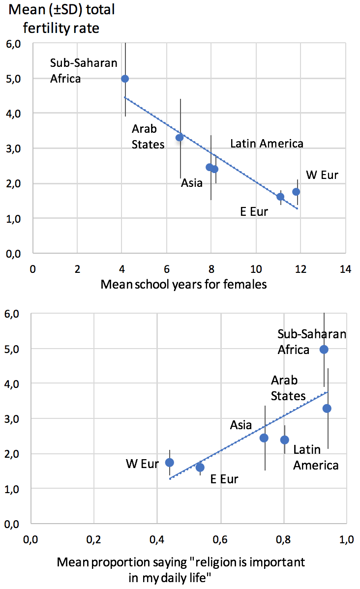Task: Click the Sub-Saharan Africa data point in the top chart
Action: point(125,79)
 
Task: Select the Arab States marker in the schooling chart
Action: point(180,137)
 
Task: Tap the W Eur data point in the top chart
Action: point(296,192)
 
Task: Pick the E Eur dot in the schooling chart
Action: point(280,197)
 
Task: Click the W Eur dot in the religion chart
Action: point(170,462)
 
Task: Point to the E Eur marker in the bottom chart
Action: point(200,467)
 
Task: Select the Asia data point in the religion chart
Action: point(264,438)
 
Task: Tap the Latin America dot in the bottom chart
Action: point(285,440)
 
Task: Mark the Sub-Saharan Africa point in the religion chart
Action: point(324,350)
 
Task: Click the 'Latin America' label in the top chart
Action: point(267,144)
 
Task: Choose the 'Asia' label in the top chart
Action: point(192,183)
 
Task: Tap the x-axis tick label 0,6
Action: point(221,540)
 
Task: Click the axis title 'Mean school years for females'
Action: point(183,284)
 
